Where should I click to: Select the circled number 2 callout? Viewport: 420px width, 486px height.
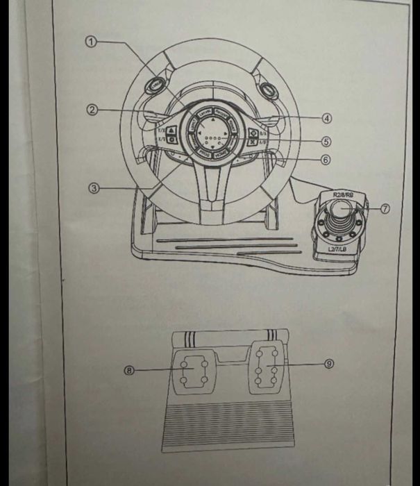tap(91, 110)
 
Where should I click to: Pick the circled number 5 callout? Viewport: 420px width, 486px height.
tap(327, 140)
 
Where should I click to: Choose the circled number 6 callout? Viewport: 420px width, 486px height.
tap(326, 159)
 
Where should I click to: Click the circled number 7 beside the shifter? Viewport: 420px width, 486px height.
tap(387, 208)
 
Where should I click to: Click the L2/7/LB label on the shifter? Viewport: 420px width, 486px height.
tap(339, 248)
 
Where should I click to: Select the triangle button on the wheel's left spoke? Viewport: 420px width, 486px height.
tap(171, 128)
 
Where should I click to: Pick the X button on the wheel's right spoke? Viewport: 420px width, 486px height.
tap(253, 141)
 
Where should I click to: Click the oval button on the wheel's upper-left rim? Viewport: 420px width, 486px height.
tap(155, 87)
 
